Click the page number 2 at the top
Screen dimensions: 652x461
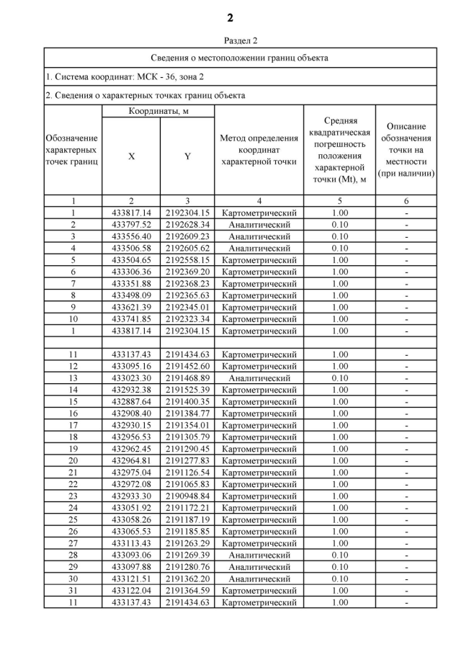point(230,17)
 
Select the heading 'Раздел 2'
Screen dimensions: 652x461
point(240,41)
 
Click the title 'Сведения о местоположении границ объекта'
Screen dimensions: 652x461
point(240,58)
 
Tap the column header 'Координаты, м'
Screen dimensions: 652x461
point(158,111)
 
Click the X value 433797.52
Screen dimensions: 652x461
point(131,225)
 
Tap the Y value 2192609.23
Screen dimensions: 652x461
point(187,236)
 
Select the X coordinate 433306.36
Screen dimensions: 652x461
point(131,272)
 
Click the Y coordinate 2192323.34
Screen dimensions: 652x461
point(187,318)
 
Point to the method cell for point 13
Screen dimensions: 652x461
point(259,378)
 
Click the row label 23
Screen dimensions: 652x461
point(73,496)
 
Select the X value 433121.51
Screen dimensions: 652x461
point(131,578)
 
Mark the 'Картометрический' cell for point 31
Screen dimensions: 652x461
point(259,590)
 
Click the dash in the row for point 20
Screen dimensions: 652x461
point(406,460)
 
